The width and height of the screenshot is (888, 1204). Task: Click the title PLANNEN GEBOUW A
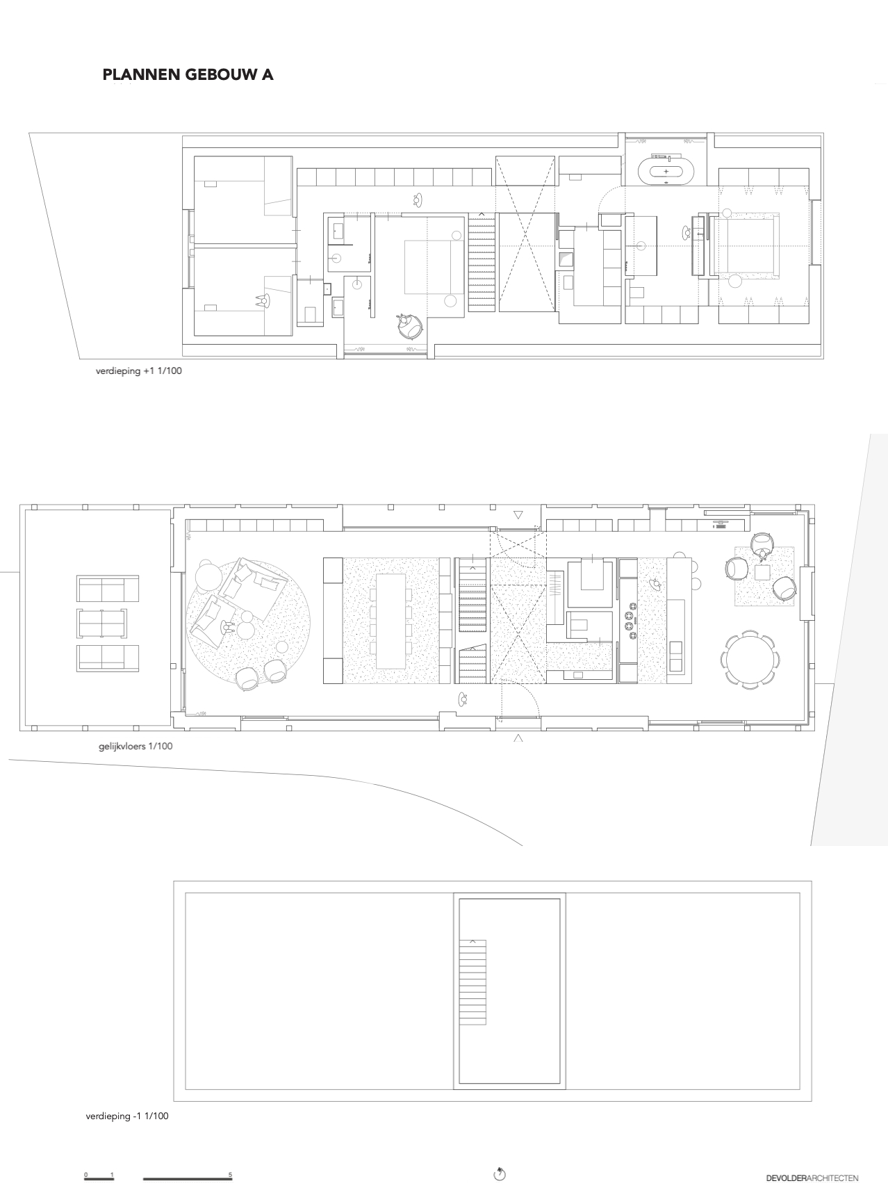[x=188, y=75]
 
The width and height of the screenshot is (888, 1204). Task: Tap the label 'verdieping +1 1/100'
[x=139, y=371]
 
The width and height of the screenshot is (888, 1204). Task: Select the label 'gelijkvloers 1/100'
[x=136, y=747]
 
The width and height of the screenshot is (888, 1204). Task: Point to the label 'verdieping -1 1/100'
[x=127, y=1116]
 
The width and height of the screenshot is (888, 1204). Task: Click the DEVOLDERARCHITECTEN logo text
[x=812, y=1178]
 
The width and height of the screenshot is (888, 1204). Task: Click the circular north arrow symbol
[x=500, y=1175]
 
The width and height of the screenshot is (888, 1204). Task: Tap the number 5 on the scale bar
[x=230, y=1174]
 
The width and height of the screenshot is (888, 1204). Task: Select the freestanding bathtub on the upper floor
[x=666, y=171]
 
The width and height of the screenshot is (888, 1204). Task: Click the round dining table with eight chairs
[x=750, y=659]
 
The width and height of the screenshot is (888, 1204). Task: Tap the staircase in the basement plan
[x=472, y=982]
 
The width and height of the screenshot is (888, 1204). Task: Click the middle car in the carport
[x=102, y=622]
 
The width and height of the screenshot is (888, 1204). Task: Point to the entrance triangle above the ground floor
[x=518, y=515]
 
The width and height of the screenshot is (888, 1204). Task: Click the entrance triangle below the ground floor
[x=518, y=738]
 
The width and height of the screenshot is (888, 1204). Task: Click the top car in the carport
[x=102, y=589]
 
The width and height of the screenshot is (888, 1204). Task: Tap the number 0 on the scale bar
[x=86, y=1174]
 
